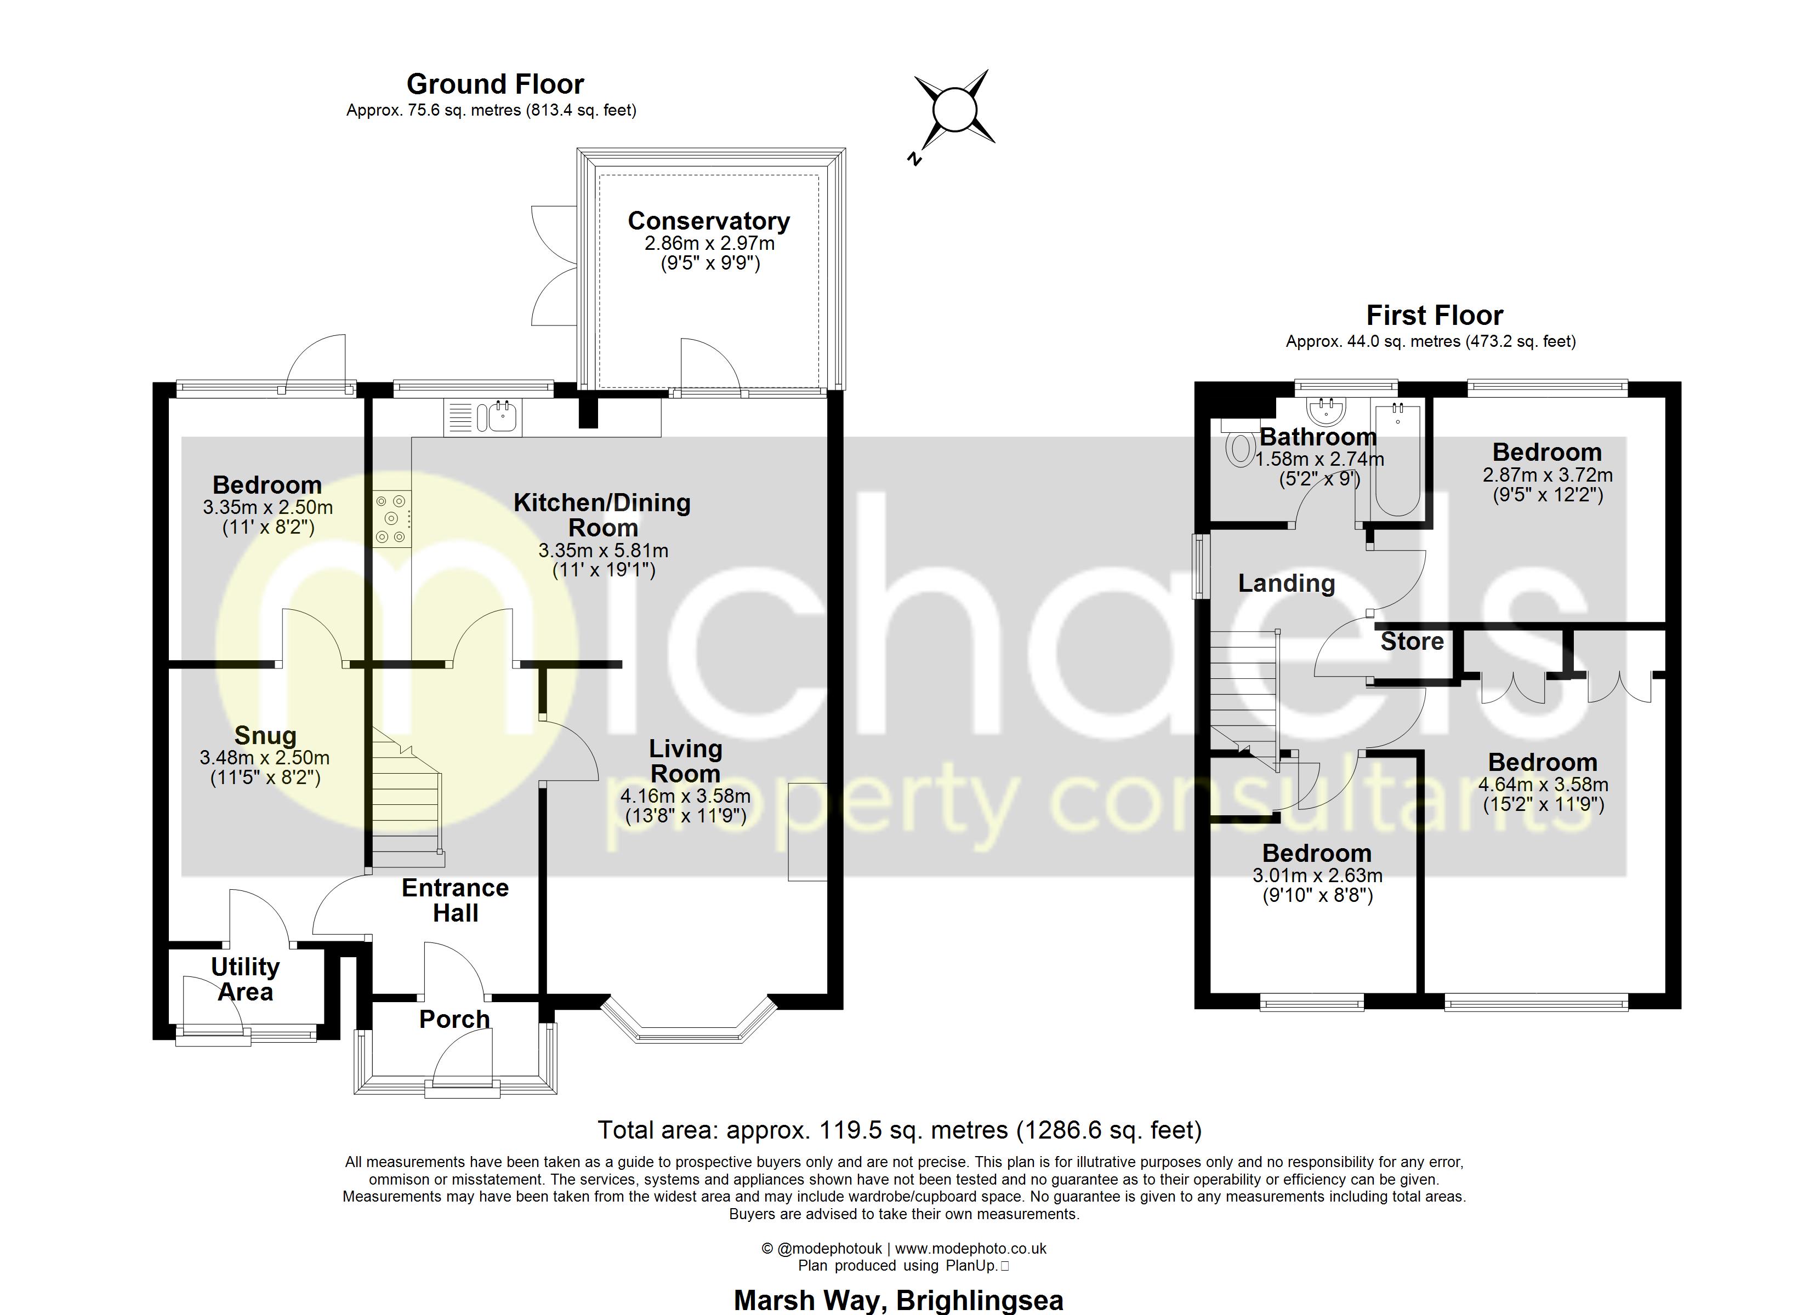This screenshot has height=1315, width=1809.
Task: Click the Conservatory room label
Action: pyautogui.click(x=708, y=221)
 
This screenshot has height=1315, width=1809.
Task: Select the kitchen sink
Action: pyautogui.click(x=498, y=417)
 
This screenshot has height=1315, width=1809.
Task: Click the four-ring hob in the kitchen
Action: pyautogui.click(x=391, y=518)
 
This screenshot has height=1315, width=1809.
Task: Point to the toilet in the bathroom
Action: pyautogui.click(x=1239, y=447)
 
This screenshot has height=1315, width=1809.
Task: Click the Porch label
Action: pyautogui.click(x=454, y=1019)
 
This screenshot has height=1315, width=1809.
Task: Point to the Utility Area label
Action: pyautogui.click(x=245, y=979)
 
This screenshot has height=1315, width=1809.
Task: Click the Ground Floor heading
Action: pyautogui.click(x=496, y=84)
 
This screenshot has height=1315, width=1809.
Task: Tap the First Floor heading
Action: pyautogui.click(x=1434, y=316)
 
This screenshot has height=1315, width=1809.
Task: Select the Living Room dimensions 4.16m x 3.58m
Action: pyautogui.click(x=685, y=796)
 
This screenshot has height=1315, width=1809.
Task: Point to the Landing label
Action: pyautogui.click(x=1286, y=584)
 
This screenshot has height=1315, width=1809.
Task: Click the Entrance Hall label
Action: pyautogui.click(x=454, y=900)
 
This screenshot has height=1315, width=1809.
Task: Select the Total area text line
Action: pyautogui.click(x=899, y=1130)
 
